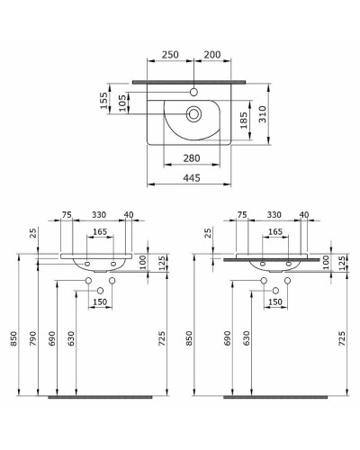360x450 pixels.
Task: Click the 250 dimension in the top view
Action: click(x=169, y=56)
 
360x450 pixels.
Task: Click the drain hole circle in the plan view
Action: click(x=193, y=113)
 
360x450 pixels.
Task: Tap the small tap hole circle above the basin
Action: click(x=194, y=91)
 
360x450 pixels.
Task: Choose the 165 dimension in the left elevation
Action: click(x=100, y=232)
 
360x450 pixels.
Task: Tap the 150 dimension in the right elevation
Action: click(x=274, y=303)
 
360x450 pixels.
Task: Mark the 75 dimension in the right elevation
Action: click(x=241, y=214)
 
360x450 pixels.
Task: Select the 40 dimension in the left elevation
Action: click(x=129, y=214)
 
